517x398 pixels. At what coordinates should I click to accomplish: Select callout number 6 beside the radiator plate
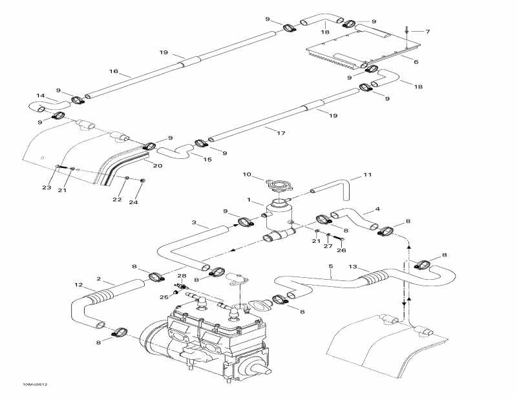[416, 62]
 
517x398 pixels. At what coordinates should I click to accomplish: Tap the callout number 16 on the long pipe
[114, 72]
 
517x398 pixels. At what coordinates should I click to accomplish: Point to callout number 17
[281, 134]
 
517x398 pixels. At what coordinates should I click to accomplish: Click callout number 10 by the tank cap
[246, 174]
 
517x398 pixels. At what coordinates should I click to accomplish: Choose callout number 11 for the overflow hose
[368, 175]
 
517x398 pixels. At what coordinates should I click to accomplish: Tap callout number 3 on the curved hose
[193, 222]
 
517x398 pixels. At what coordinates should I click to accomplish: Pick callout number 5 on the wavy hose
[330, 266]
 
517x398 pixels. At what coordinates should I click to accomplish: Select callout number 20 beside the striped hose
[157, 165]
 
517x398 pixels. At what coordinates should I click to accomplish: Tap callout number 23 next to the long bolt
[47, 188]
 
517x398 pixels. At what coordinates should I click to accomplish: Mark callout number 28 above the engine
[182, 276]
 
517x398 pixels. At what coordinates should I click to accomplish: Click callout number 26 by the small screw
[343, 251]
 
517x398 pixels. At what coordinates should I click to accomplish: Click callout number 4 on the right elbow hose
[377, 209]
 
